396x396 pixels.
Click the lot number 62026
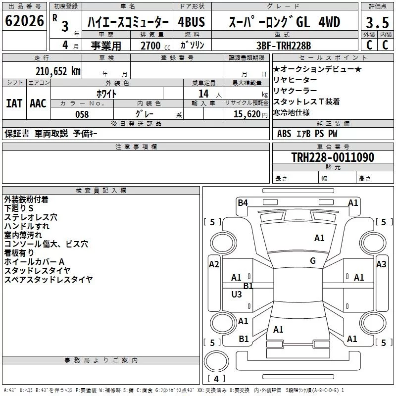[24, 21]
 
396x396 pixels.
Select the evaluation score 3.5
[377, 22]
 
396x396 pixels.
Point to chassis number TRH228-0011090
[332, 157]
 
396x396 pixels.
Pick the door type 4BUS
[191, 22]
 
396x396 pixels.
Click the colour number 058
[82, 114]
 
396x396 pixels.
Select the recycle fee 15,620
[247, 114]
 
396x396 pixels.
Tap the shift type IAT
[14, 103]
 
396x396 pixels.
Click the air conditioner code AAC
[38, 103]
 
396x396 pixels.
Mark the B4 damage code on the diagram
[243, 202]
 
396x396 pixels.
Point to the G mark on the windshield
[312, 261]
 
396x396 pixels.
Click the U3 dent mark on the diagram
[237, 295]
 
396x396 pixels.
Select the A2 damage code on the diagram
[214, 264]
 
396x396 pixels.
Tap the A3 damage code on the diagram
[381, 264]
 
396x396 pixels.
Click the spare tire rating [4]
[216, 379]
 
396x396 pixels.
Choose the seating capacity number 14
[202, 94]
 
